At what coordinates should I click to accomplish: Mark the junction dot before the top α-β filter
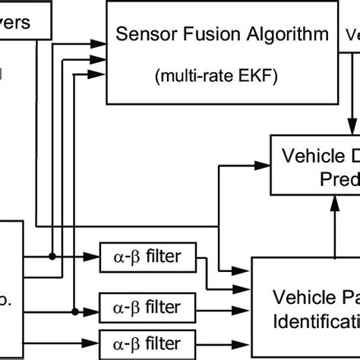[x=52, y=256]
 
